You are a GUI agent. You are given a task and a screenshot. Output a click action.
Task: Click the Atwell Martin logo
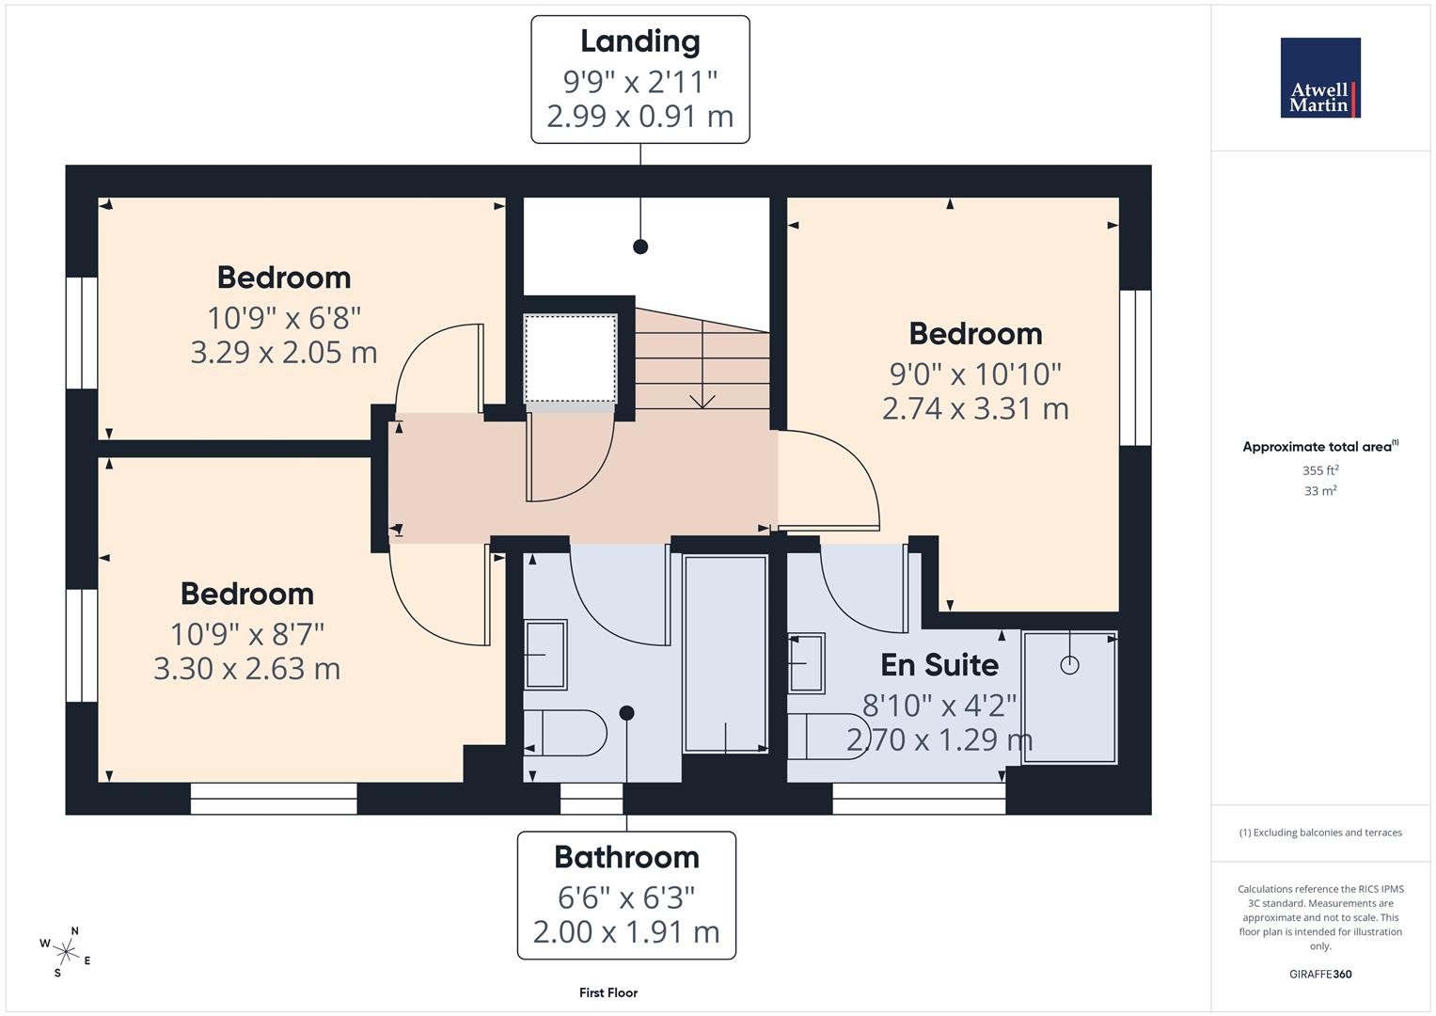pyautogui.click(x=1320, y=78)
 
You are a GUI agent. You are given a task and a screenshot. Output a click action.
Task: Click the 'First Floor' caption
pyautogui.click(x=608, y=992)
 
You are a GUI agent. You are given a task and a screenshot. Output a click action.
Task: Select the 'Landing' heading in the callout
pyautogui.click(x=639, y=41)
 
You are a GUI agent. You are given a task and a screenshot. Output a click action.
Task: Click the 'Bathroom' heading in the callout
pyautogui.click(x=626, y=857)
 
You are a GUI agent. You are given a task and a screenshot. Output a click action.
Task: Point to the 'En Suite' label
pyautogui.click(x=939, y=665)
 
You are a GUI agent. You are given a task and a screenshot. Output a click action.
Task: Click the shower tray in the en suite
pyautogui.click(x=1070, y=697)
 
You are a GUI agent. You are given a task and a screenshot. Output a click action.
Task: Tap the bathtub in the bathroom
pyautogui.click(x=725, y=653)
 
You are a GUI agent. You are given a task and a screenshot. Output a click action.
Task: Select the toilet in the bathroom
pyautogui.click(x=565, y=733)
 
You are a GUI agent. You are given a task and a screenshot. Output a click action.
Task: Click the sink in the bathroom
pyautogui.click(x=544, y=654)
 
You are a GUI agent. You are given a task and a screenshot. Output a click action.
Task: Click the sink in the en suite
pyautogui.click(x=806, y=662)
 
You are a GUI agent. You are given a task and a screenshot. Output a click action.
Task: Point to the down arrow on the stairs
pyautogui.click(x=702, y=398)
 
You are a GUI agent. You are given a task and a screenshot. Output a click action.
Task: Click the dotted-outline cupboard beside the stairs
pyautogui.click(x=570, y=359)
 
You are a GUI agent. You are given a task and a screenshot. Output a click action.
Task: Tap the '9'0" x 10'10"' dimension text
pyautogui.click(x=975, y=374)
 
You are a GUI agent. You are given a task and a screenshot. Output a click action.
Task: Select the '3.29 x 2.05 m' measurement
pyautogui.click(x=284, y=353)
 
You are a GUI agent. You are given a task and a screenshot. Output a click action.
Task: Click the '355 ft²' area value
pyautogui.click(x=1320, y=470)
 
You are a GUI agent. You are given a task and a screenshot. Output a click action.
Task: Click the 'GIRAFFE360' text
pyautogui.click(x=1320, y=974)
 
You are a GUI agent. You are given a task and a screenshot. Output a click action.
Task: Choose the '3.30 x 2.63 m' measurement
pyautogui.click(x=246, y=669)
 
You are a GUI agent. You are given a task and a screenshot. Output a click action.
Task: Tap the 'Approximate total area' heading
pyautogui.click(x=1318, y=447)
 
